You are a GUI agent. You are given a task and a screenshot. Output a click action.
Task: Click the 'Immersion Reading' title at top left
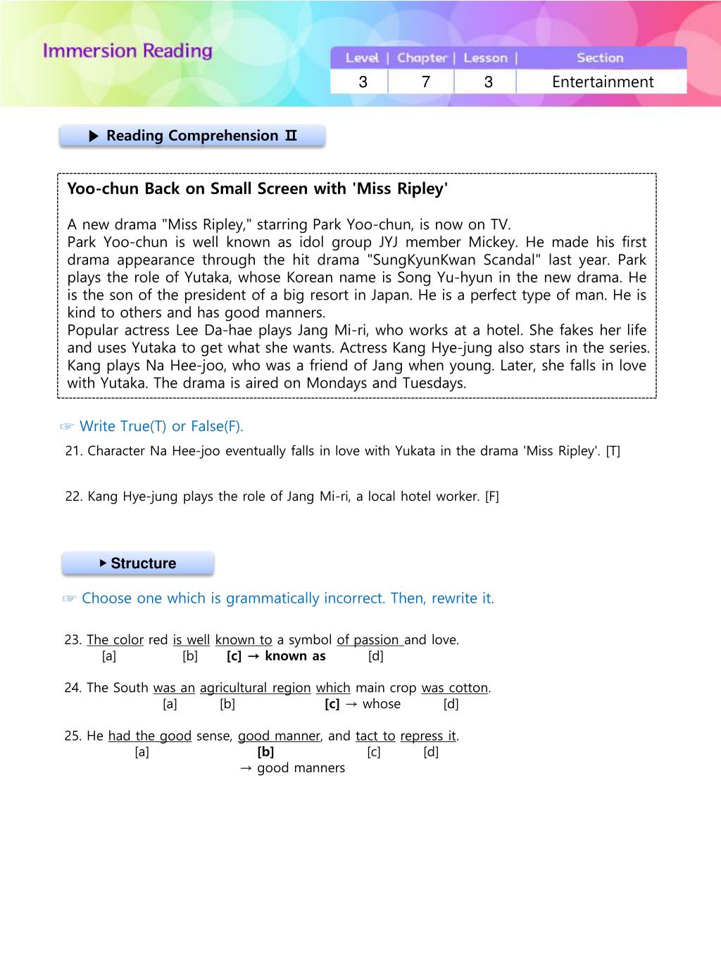tap(127, 51)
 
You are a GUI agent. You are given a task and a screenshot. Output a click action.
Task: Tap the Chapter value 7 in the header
tap(425, 82)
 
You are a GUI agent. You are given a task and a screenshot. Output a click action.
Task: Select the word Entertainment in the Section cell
tap(603, 82)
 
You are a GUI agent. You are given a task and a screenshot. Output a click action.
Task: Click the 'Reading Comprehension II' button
tap(192, 136)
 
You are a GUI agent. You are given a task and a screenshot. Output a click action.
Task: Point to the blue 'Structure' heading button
tap(138, 563)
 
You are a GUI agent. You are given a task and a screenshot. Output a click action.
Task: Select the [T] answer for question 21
tap(613, 452)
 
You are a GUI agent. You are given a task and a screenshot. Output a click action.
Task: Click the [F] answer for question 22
tap(491, 497)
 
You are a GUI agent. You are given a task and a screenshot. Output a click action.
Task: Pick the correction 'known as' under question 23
tap(295, 656)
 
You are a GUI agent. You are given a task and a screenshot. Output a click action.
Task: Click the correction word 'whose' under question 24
tap(382, 704)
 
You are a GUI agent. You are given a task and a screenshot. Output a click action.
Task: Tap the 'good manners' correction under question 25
tap(301, 768)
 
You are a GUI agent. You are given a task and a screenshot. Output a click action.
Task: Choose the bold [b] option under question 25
tap(265, 752)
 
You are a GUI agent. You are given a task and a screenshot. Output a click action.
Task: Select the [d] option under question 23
tap(375, 656)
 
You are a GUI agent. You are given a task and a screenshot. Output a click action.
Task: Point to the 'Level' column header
tap(362, 58)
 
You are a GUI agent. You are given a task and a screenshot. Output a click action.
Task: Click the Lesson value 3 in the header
tap(488, 82)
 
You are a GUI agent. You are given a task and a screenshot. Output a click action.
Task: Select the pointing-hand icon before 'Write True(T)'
tap(67, 427)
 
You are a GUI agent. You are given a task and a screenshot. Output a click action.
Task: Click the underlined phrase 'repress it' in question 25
tap(428, 736)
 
